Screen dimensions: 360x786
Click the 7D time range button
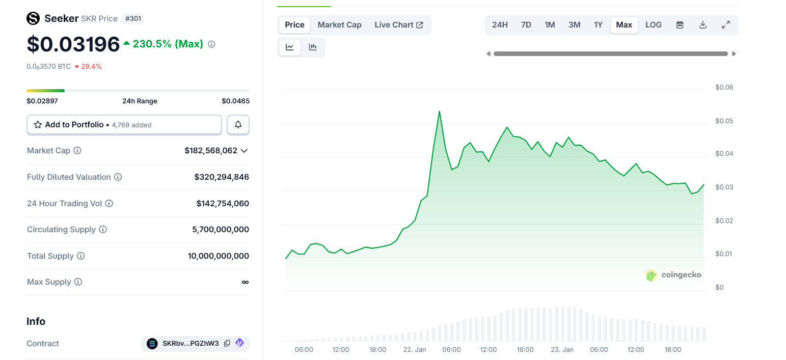526,25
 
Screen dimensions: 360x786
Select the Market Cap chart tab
339,25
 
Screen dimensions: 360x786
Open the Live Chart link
399,25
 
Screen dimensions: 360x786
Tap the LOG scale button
653,25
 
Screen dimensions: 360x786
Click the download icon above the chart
702,25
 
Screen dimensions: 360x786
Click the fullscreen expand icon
726,25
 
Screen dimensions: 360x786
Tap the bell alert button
238,125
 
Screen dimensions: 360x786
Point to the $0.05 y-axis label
724,121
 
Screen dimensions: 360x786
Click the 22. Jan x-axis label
414,350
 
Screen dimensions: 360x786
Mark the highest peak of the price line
439,112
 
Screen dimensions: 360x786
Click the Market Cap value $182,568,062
211,151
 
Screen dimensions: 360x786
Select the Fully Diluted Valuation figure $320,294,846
222,177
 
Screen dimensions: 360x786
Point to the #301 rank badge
133,19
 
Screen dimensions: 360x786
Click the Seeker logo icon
33,19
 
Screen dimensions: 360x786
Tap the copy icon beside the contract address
227,344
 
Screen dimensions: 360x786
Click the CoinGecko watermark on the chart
673,275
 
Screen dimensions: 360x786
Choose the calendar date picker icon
680,25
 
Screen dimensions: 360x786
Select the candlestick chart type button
313,47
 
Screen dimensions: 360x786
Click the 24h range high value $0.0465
235,101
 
